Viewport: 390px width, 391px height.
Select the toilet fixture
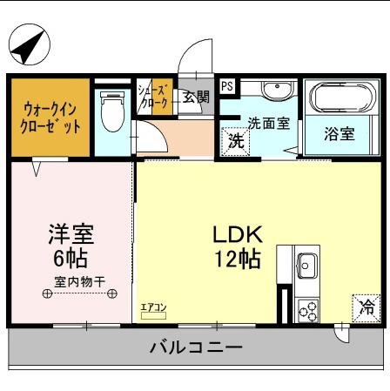point(111,112)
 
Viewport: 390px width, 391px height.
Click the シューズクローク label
point(154,96)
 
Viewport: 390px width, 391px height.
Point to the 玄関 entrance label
point(196,97)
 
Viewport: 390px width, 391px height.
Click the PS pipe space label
point(226,86)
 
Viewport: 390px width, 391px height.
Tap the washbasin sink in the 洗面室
point(276,91)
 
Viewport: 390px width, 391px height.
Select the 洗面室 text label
point(269,123)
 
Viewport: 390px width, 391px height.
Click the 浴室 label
point(340,134)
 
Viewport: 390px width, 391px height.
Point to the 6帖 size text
point(71,259)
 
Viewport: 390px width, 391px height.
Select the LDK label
point(232,233)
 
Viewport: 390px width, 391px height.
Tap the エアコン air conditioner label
point(153,307)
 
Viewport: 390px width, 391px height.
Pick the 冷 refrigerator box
point(366,307)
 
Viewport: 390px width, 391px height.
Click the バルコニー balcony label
point(196,347)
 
